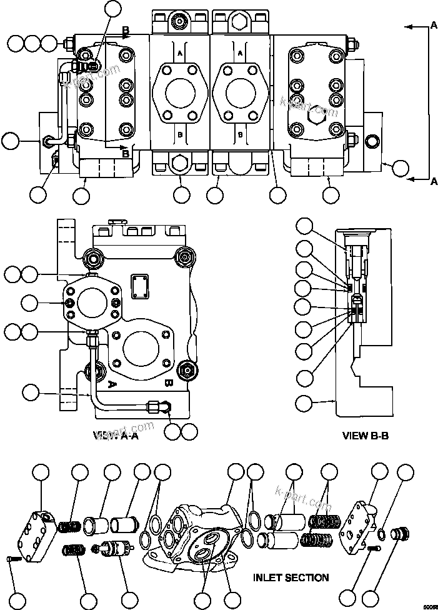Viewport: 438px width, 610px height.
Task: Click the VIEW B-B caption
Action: (366, 435)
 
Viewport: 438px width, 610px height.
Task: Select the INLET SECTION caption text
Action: (291, 577)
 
